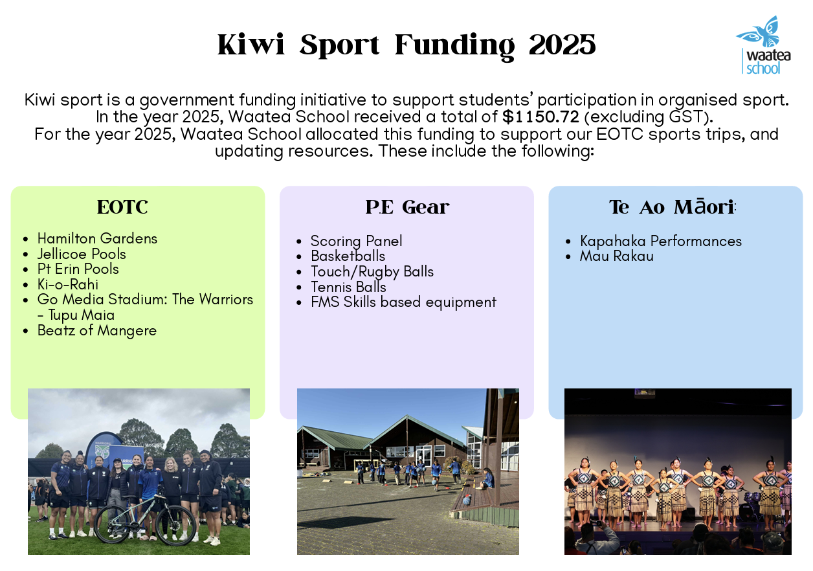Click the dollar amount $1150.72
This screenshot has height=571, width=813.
click(x=540, y=117)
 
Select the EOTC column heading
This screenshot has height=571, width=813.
click(x=122, y=207)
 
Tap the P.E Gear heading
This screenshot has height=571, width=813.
click(x=407, y=207)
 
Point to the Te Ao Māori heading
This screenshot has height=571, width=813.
click(x=672, y=207)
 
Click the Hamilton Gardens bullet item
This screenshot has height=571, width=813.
click(x=97, y=238)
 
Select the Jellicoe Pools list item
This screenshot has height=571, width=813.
click(x=82, y=254)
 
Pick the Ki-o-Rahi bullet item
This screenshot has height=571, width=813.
click(x=68, y=284)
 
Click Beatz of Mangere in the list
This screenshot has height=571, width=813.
click(x=97, y=331)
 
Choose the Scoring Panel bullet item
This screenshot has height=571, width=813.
click(x=357, y=241)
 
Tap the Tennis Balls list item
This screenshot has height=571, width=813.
click(x=348, y=287)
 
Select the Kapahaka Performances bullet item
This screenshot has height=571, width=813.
click(x=661, y=241)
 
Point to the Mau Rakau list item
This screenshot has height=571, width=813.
click(x=617, y=256)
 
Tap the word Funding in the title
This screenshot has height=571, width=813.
click(x=454, y=46)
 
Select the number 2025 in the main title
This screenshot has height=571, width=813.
click(x=562, y=45)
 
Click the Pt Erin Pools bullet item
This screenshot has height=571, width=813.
click(x=78, y=269)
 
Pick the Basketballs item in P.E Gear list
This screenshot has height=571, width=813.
click(x=348, y=256)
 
